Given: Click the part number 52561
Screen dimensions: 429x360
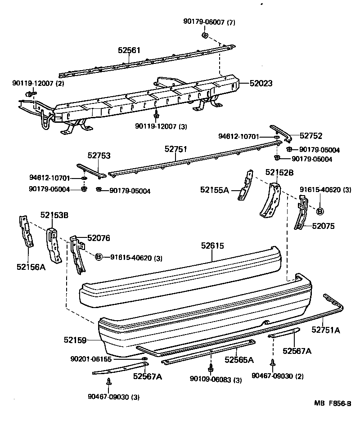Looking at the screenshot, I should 130,51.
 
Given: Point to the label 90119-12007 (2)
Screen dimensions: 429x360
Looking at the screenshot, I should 38,84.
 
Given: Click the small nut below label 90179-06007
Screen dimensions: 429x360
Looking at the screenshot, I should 204,35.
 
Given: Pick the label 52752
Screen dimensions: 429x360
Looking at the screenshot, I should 311,136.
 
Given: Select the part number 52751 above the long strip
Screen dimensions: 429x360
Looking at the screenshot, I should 175,149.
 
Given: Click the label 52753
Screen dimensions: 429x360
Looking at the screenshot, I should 99,156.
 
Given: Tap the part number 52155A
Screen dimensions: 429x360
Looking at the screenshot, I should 215,190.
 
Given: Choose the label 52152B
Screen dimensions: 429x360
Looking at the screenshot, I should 279,172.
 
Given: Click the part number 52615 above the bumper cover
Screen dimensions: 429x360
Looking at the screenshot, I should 212,246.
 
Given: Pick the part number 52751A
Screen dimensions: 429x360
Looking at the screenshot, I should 326,331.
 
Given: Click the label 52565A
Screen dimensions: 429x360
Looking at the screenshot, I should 239,360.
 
